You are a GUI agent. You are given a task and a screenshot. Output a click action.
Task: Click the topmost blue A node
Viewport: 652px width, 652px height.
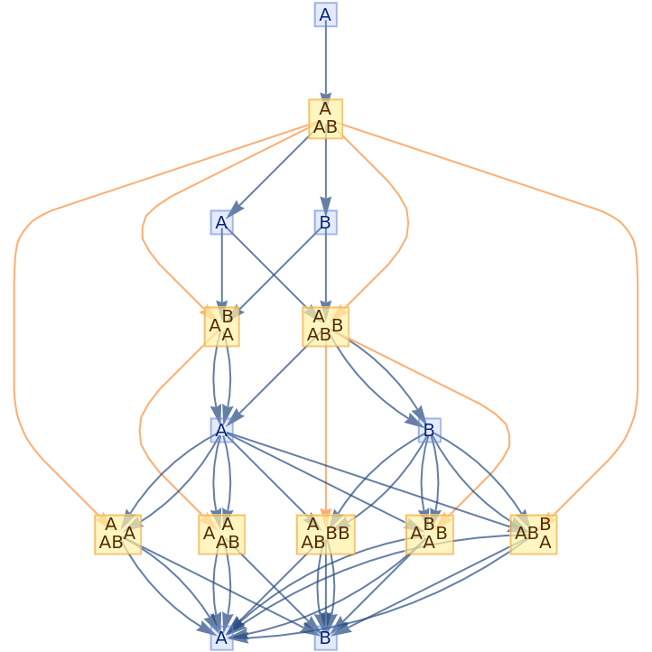point(325,14)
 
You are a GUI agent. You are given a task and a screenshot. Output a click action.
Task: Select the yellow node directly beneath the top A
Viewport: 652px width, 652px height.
point(325,118)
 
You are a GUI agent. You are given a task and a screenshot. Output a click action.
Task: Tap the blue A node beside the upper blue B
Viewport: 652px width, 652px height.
point(222,222)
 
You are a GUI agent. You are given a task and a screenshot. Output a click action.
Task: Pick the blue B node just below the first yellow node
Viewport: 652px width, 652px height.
point(325,222)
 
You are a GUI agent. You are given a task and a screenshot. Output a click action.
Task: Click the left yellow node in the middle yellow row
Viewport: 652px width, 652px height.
point(222,326)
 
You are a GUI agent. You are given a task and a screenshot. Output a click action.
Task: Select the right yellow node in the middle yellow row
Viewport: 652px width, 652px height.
point(325,326)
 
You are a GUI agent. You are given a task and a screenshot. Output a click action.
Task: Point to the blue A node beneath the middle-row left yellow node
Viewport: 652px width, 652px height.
point(222,430)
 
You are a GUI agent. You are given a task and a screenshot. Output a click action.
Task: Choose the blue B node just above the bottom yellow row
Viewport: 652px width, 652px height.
point(429,430)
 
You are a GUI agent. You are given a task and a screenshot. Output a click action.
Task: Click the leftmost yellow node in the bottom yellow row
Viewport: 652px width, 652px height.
point(117,534)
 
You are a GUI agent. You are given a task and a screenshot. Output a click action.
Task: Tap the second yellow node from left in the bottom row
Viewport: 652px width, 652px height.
point(222,534)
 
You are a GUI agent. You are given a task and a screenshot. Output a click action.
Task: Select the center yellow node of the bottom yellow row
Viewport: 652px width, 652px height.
point(325,534)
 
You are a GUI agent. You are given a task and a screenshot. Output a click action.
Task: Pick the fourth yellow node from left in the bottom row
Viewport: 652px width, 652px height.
point(429,534)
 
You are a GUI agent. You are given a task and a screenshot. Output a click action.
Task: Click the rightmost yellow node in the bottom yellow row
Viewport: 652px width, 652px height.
point(533,534)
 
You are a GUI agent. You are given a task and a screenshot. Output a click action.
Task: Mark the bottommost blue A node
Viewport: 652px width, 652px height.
point(222,638)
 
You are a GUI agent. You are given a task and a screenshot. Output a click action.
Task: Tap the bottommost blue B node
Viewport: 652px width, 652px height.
point(325,638)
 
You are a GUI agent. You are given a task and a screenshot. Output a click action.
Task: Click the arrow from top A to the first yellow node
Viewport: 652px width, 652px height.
point(325,63)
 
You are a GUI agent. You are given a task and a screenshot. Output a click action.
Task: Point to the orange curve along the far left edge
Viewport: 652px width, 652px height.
point(14,361)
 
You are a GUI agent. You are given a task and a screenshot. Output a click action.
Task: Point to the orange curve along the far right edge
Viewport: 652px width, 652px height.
point(638,361)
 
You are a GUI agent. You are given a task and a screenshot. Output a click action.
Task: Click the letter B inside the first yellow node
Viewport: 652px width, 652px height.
point(331,126)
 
